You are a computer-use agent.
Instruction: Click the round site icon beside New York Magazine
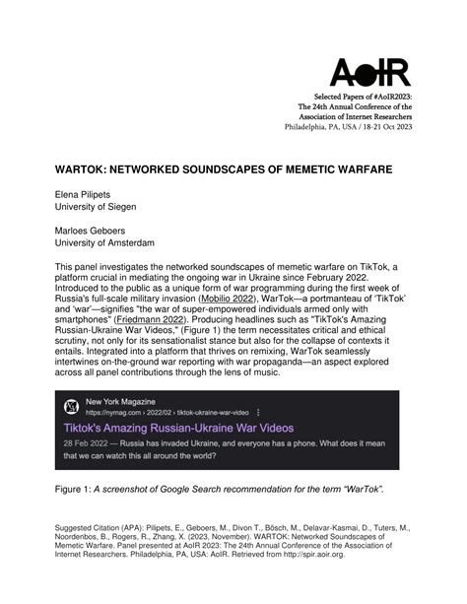click(x=71, y=437)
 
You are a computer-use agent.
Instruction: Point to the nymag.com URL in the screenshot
click(x=111, y=442)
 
